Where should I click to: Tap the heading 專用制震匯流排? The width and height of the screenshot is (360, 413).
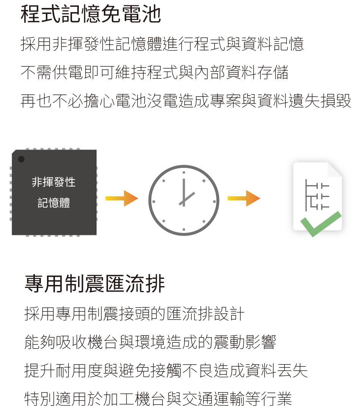[x=95, y=284]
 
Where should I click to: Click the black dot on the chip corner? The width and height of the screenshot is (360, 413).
[x=21, y=159]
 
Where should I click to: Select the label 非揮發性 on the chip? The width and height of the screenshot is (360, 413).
[x=53, y=182]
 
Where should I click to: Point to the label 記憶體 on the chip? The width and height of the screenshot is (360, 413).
[x=54, y=203]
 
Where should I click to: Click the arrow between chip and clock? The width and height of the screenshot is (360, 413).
[x=122, y=198]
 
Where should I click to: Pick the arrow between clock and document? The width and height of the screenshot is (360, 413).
[x=244, y=198]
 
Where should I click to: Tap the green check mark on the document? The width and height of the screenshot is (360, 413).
[x=321, y=224]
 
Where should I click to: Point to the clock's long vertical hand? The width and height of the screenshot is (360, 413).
[x=183, y=192]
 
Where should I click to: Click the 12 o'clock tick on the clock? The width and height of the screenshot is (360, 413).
[x=183, y=172]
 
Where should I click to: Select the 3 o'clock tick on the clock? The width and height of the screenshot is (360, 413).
[x=214, y=202]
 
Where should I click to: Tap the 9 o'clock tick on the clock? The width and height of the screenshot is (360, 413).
[x=153, y=202]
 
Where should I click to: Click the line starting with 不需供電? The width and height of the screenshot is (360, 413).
[x=155, y=72]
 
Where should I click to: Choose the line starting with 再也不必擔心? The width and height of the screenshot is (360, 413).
[x=186, y=101]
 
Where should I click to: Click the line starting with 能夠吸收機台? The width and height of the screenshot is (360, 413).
[x=150, y=342]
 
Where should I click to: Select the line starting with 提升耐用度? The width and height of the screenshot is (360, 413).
[x=166, y=370]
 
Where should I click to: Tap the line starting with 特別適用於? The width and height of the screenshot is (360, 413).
[x=158, y=399]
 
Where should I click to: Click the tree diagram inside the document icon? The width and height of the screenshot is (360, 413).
[x=317, y=195]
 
